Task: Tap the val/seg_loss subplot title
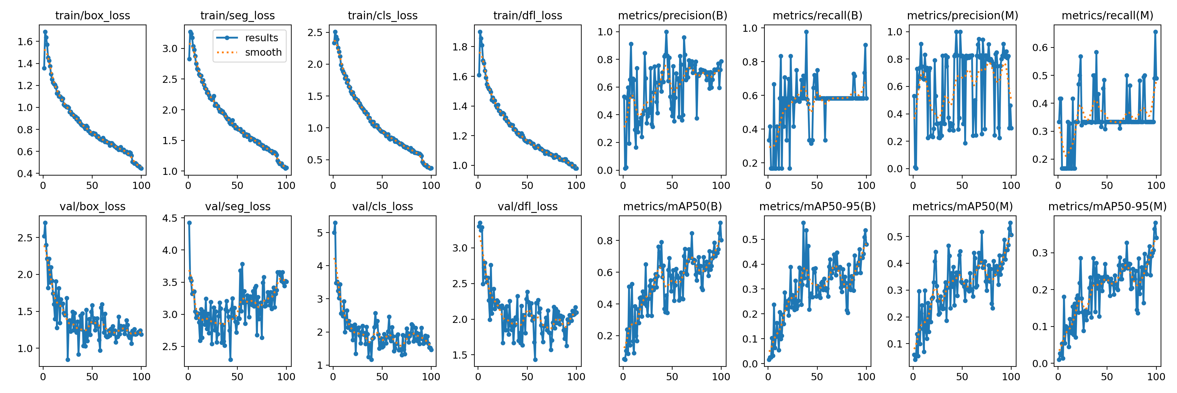pyautogui.click(x=238, y=206)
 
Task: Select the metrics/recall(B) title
pyautogui.click(x=817, y=15)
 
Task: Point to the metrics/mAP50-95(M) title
pyautogui.click(x=1107, y=206)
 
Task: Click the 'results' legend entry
pyautogui.click(x=261, y=38)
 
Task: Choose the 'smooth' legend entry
pyautogui.click(x=263, y=52)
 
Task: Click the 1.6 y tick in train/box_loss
pyautogui.click(x=25, y=42)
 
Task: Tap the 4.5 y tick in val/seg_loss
pyautogui.click(x=170, y=218)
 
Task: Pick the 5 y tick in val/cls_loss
pyautogui.click(x=320, y=233)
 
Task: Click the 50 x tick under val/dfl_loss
pyautogui.click(x=527, y=377)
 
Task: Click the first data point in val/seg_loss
pyautogui.click(x=189, y=223)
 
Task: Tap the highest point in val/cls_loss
pyautogui.click(x=335, y=223)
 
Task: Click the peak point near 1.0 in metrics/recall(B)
pyautogui.click(x=807, y=32)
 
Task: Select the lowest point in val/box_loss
pyautogui.click(x=68, y=360)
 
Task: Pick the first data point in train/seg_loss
pyautogui.click(x=189, y=59)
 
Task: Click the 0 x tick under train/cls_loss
pyautogui.click(x=333, y=185)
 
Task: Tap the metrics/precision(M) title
pyautogui.click(x=962, y=15)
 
